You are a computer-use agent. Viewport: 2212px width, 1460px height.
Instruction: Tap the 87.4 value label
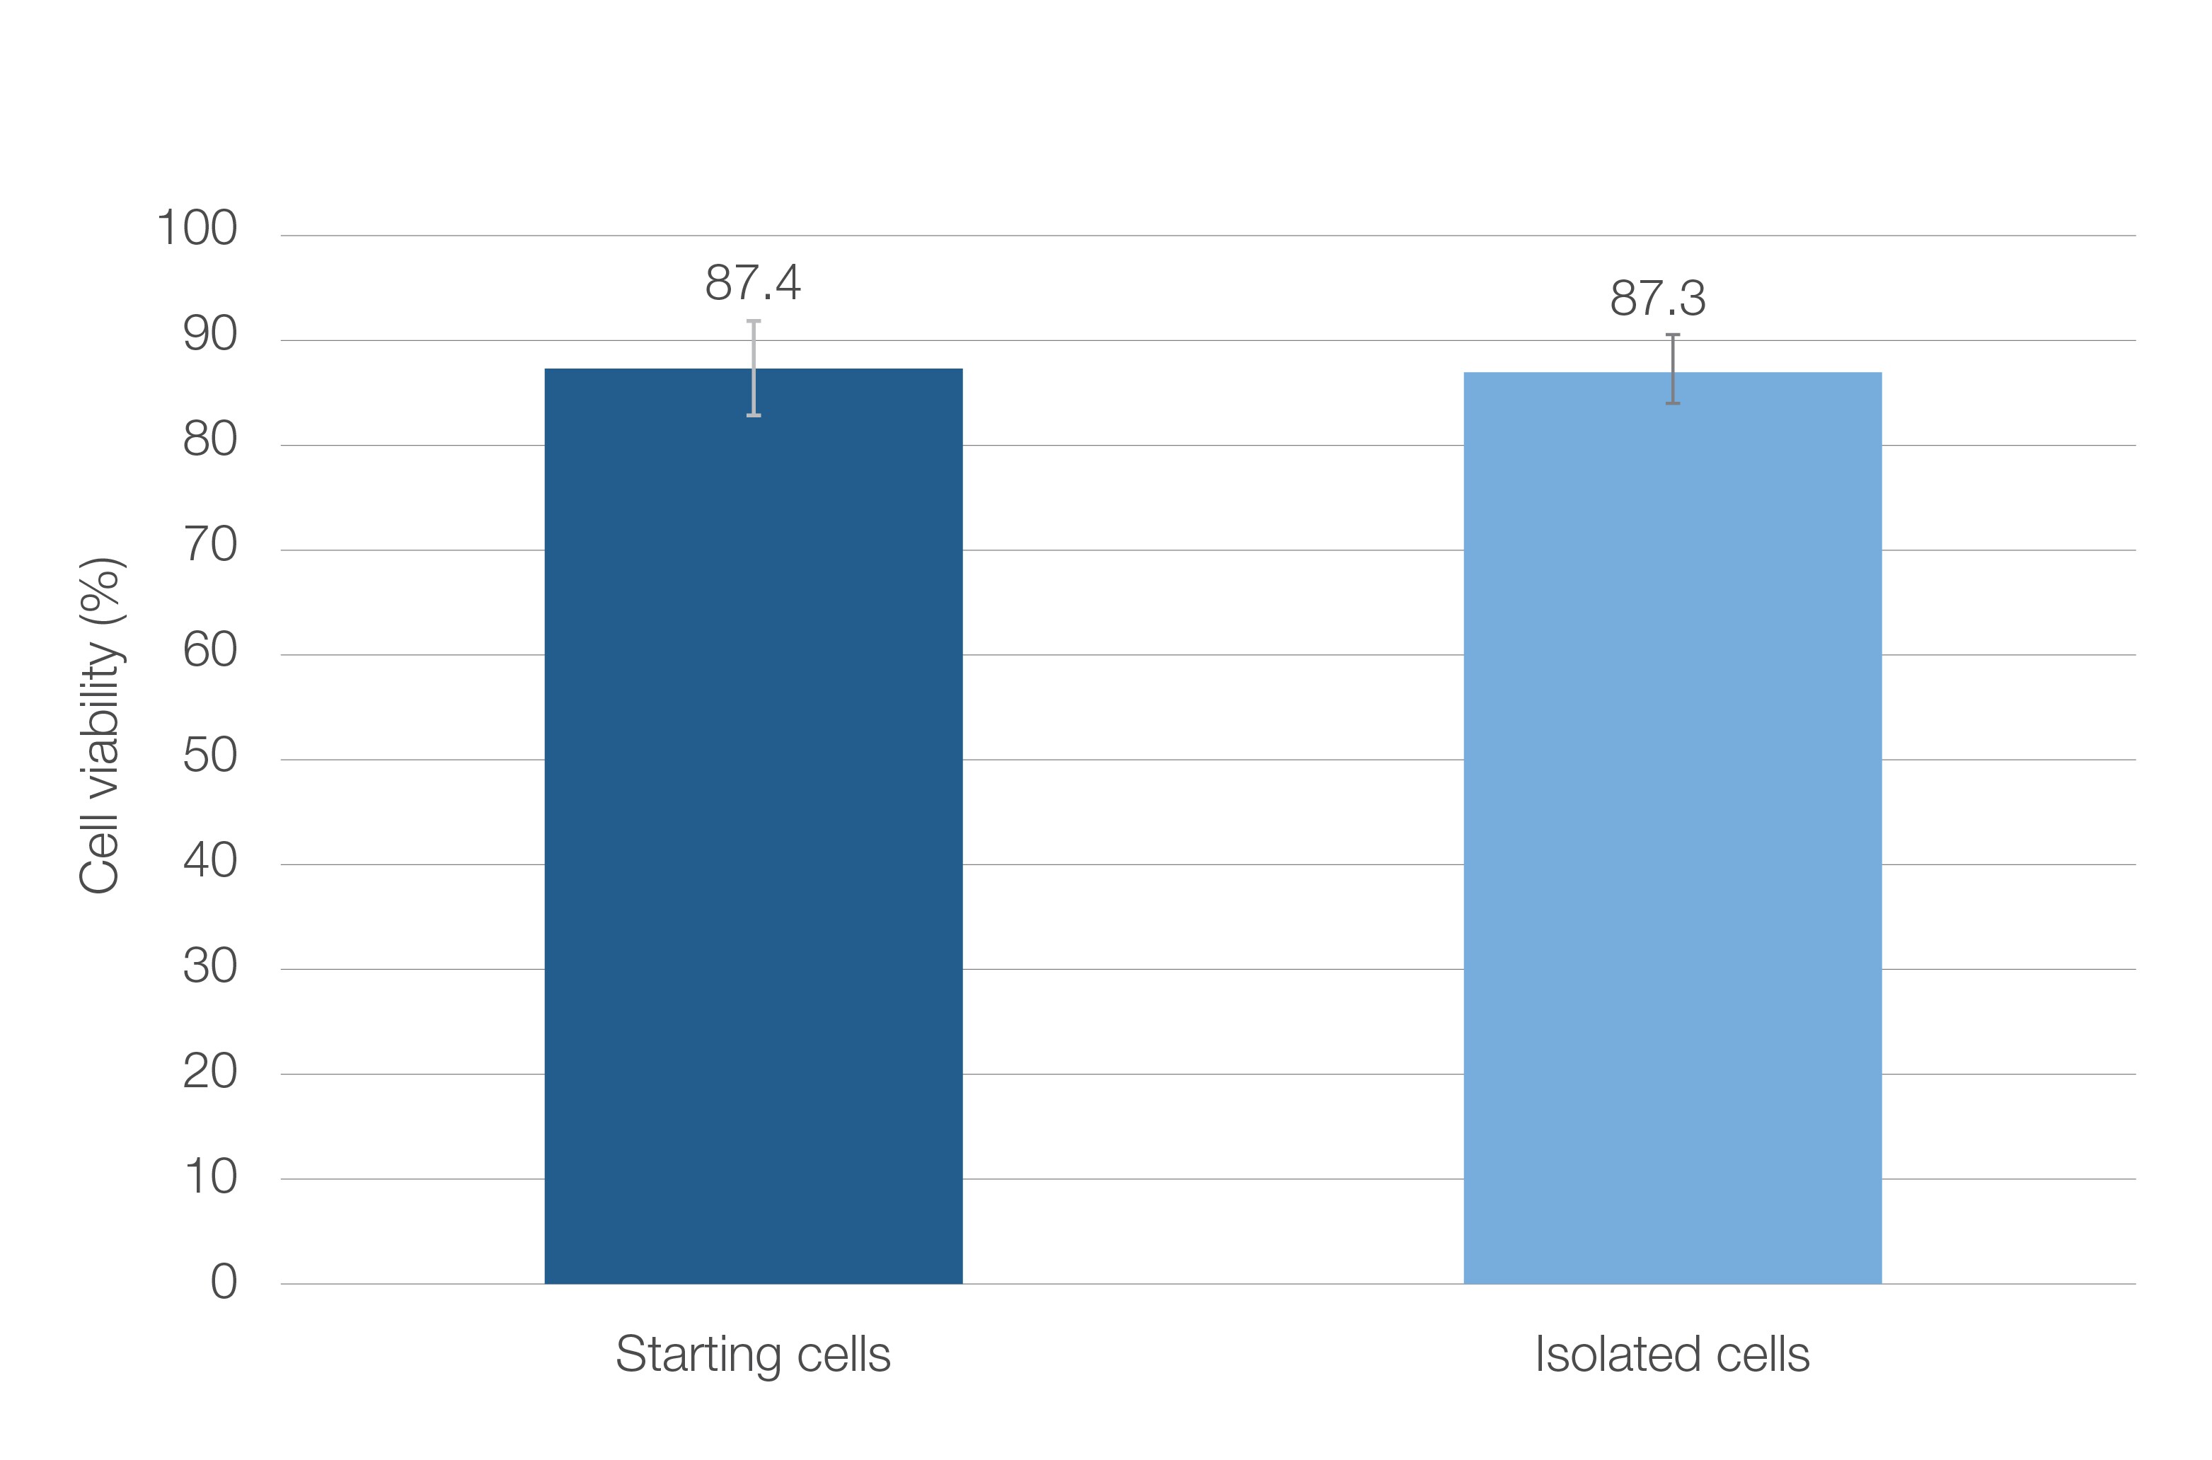click(752, 283)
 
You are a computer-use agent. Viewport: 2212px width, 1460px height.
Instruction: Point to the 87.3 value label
click(1657, 299)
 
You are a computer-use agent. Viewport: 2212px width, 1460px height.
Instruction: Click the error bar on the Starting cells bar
click(754, 369)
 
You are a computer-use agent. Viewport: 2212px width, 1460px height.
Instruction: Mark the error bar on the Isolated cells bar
click(1673, 369)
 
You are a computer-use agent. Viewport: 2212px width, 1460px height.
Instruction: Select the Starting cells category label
click(752, 1355)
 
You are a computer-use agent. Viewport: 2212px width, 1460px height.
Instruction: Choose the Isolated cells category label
click(1672, 1355)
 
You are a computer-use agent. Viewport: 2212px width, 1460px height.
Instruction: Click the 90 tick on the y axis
click(210, 335)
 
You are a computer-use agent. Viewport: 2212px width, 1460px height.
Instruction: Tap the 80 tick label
click(210, 439)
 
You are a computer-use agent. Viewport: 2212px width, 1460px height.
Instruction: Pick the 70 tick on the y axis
click(210, 545)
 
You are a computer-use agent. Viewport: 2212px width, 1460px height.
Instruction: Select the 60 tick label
click(210, 650)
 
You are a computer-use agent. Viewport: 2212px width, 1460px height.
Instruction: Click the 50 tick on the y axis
click(210, 755)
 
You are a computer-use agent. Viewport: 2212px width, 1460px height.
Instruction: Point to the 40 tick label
click(210, 860)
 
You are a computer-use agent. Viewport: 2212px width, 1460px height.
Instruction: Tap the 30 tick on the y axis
click(210, 966)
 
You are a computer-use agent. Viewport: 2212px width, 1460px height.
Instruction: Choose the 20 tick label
click(210, 1071)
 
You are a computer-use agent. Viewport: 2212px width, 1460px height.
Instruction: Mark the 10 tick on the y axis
click(210, 1177)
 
